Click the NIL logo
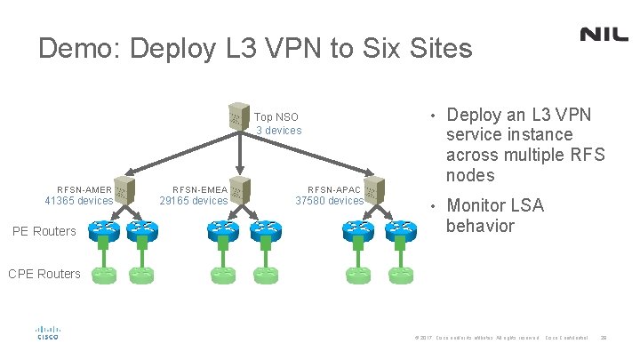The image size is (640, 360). (604, 34)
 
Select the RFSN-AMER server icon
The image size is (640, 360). (124, 189)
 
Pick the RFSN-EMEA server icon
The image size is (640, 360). (240, 189)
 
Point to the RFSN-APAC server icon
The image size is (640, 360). (374, 189)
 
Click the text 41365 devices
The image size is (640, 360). (79, 201)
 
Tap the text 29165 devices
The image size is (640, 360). (193, 201)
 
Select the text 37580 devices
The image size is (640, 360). (329, 201)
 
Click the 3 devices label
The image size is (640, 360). (279, 131)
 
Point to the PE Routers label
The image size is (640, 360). (44, 232)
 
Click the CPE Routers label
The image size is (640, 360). (44, 274)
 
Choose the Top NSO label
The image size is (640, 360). (276, 117)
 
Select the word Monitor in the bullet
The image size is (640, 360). (483, 205)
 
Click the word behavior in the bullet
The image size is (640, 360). (480, 226)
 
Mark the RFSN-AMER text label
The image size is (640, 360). (84, 189)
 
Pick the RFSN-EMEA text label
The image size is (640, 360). (199, 189)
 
